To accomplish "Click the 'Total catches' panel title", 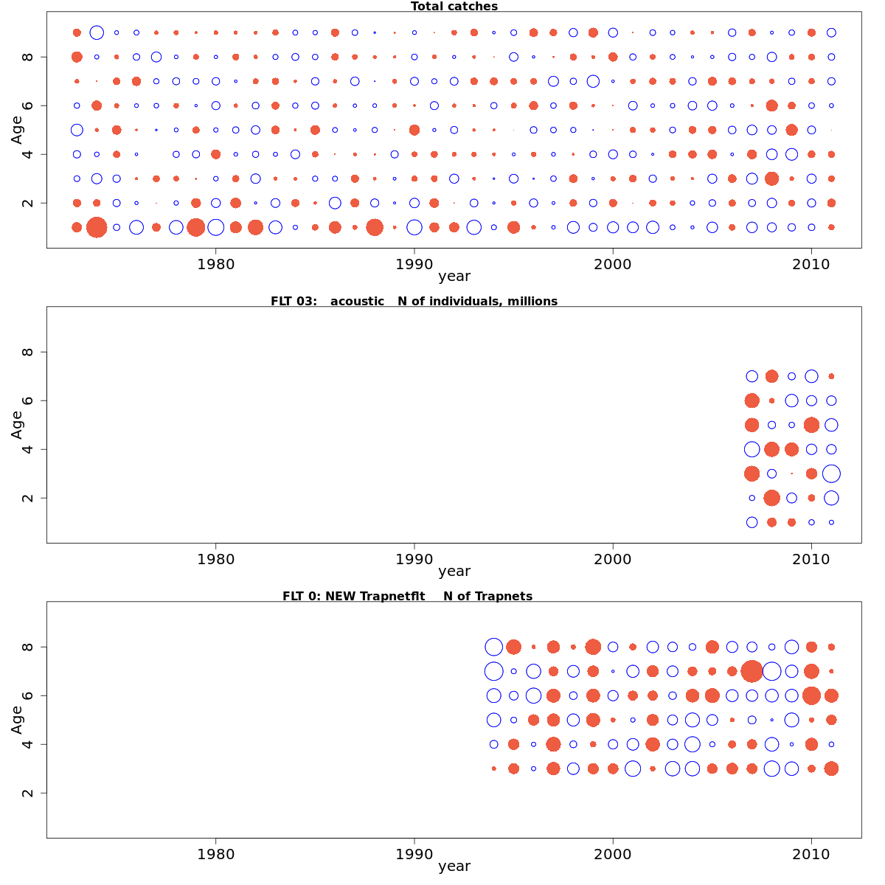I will [454, 7].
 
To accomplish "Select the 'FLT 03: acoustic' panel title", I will [414, 301].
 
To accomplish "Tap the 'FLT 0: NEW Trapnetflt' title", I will [407, 596].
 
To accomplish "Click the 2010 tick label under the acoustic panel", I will [811, 558].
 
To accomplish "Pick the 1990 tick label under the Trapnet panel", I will [414, 853].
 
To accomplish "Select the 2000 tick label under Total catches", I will [613, 263].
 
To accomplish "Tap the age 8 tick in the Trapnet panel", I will [28, 647].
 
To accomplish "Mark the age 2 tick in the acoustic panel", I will [28, 498].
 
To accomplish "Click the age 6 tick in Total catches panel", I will [28, 105].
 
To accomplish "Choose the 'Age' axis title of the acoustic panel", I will [17, 425].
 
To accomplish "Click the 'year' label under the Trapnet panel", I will [454, 866].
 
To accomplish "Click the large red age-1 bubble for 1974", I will [97, 227].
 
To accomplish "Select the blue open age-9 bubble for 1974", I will [97, 32].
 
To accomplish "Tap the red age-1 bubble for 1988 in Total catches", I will [375, 227].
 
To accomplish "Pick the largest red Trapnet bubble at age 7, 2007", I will [752, 671].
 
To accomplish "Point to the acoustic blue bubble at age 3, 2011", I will [831, 473].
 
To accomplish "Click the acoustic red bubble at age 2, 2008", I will [771, 498].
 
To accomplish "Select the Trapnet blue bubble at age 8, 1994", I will [493, 647].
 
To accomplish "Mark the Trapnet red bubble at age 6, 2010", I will [811, 695].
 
